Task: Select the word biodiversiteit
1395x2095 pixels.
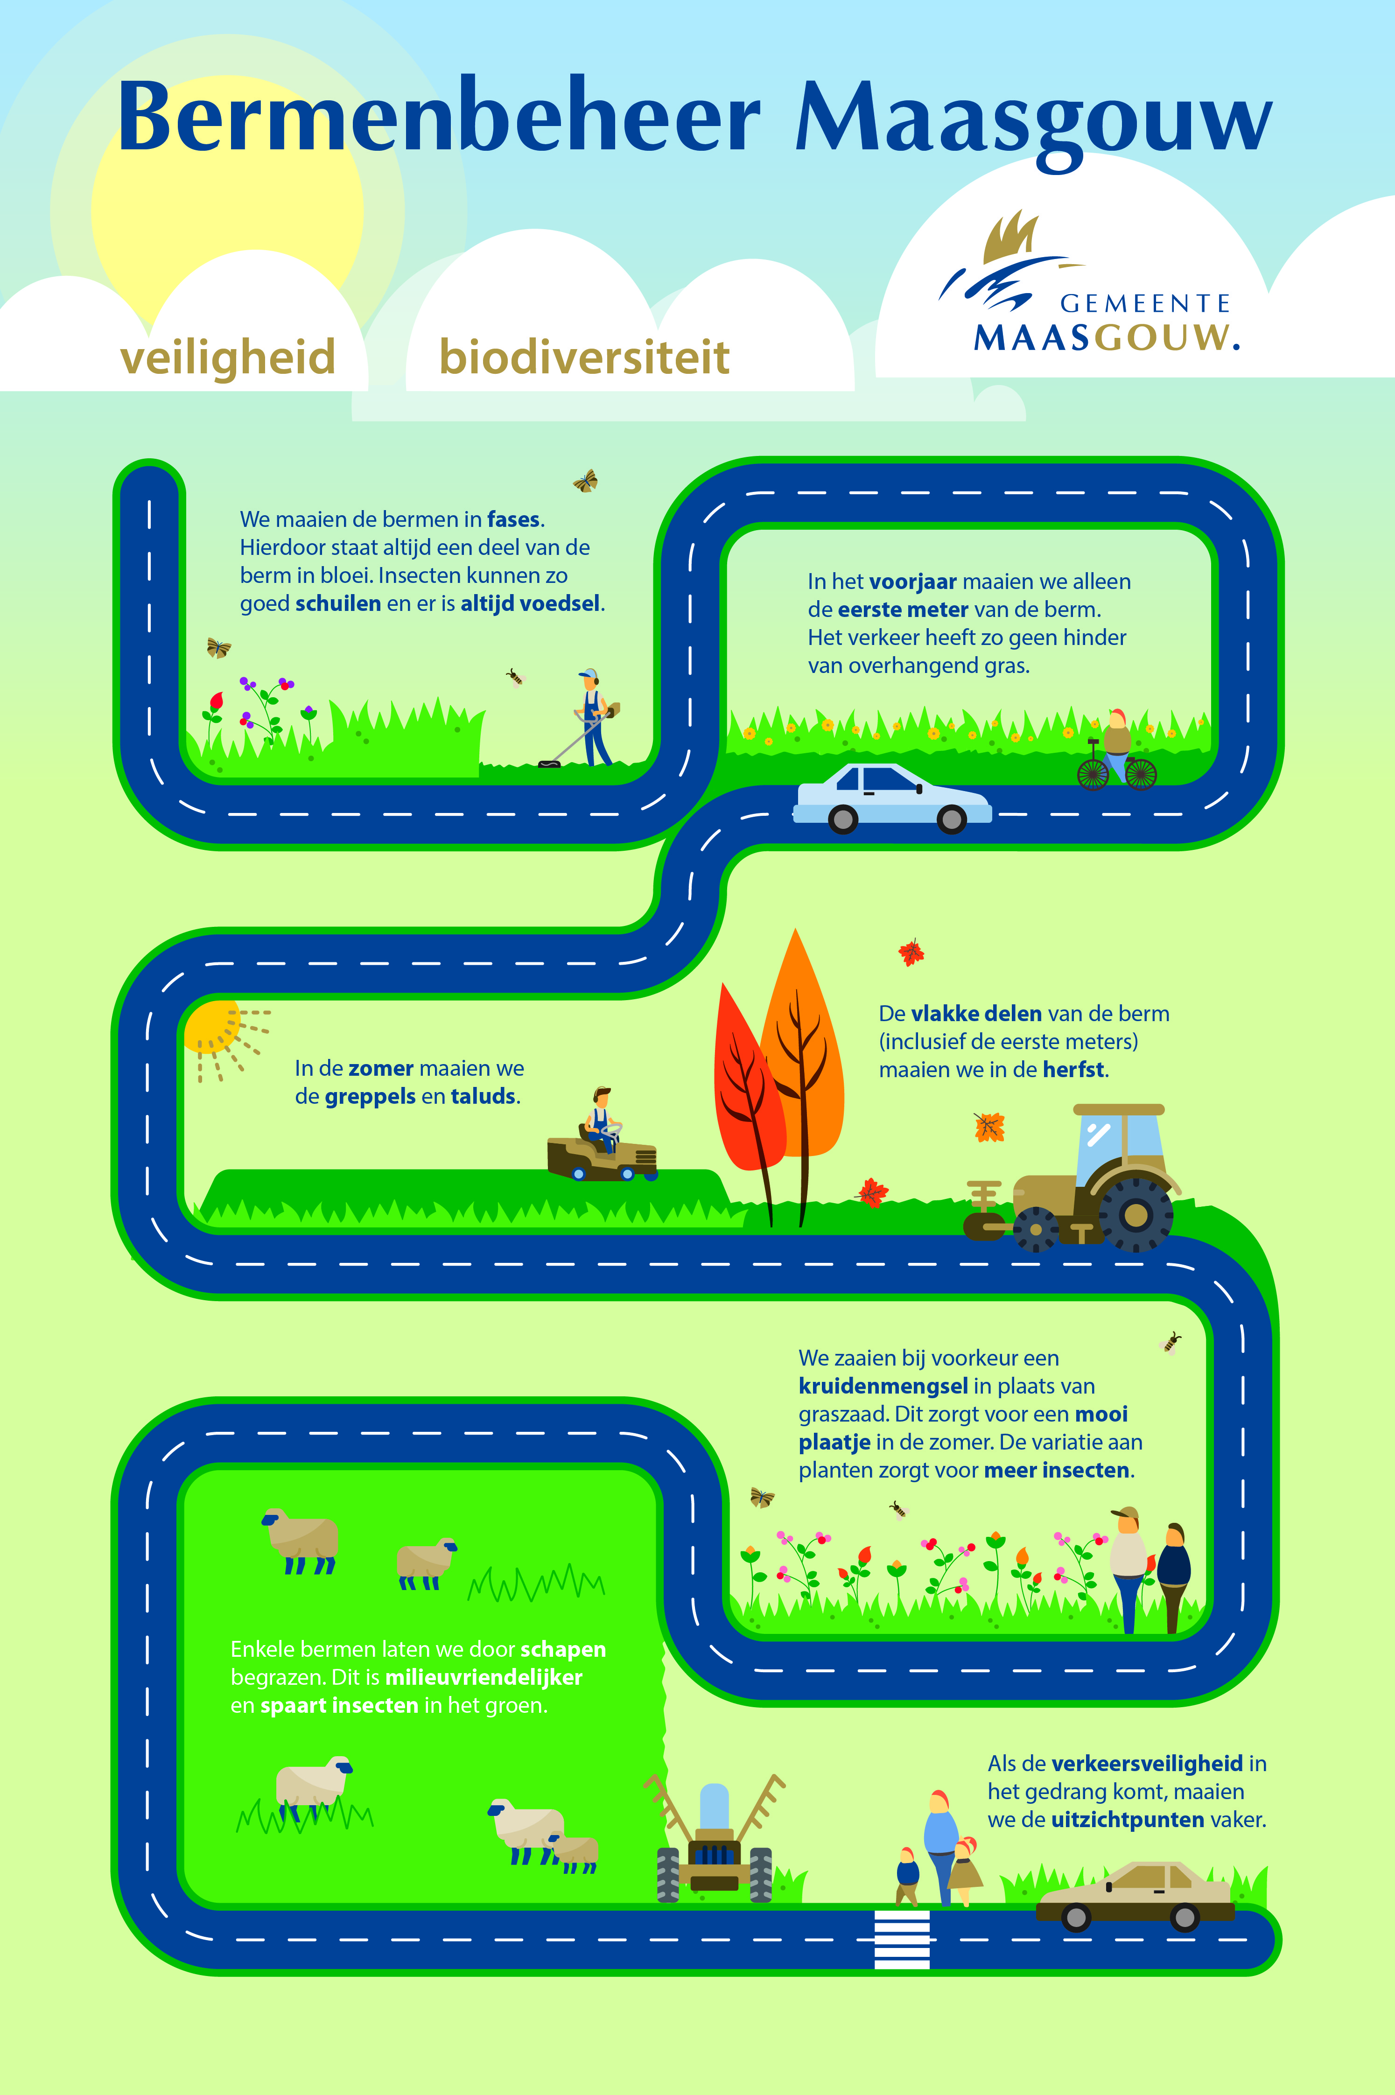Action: pyautogui.click(x=584, y=357)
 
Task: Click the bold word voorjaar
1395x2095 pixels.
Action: pyautogui.click(x=913, y=582)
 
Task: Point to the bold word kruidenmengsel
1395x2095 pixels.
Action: pyautogui.click(x=883, y=1386)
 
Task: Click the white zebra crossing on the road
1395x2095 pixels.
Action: pyautogui.click(x=902, y=1939)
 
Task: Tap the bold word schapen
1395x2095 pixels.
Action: pyautogui.click(x=563, y=1649)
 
